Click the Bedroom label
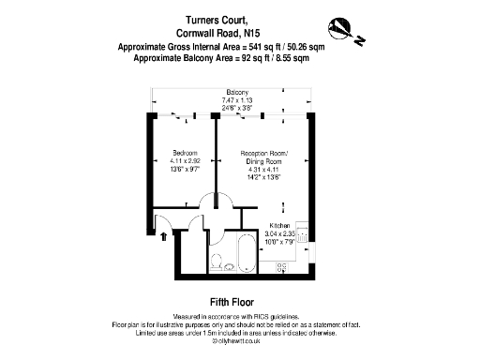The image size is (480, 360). (x=183, y=153)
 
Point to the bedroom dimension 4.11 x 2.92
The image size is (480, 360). (x=183, y=161)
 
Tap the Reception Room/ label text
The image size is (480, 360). (x=265, y=153)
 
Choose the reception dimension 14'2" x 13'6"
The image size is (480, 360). (x=265, y=177)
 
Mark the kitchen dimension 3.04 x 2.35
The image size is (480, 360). (x=282, y=235)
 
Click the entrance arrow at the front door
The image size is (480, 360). (x=166, y=238)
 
